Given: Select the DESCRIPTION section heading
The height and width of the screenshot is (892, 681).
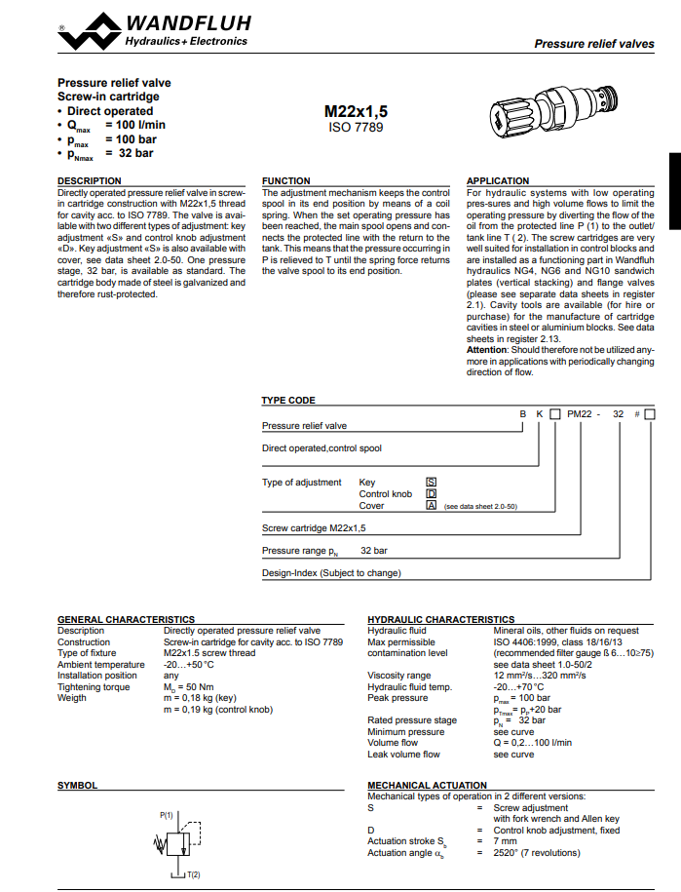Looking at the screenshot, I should tap(90, 181).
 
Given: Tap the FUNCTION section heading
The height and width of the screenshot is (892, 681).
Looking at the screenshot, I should tap(286, 181).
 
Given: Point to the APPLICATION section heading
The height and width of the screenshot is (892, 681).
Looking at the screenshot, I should tap(498, 181).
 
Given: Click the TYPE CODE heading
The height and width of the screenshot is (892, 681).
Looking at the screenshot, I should tap(288, 401).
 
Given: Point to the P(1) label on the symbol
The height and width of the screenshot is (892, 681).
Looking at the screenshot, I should tap(167, 813).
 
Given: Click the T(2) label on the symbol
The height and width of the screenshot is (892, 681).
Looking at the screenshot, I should tap(193, 874).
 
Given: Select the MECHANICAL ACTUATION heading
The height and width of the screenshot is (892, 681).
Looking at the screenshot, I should tap(427, 785).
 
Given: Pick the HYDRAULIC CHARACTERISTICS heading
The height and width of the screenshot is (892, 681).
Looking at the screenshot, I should tap(440, 619).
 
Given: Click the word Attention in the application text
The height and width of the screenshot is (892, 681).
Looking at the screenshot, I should tap(487, 350).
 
